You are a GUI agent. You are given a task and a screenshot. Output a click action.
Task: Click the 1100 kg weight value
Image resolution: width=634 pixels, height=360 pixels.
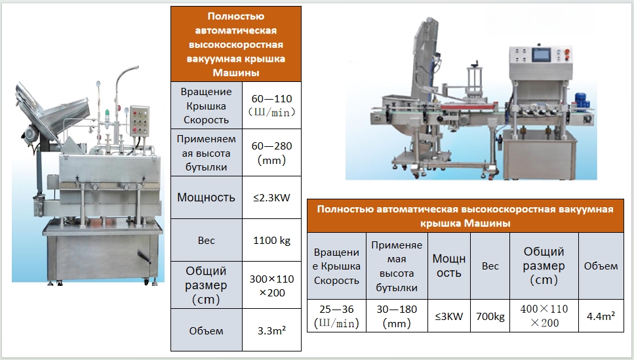[271, 240]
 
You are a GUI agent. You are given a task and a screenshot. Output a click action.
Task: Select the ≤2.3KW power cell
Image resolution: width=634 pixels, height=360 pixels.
[271, 197]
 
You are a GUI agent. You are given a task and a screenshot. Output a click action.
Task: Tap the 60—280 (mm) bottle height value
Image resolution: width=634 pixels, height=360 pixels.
[271, 153]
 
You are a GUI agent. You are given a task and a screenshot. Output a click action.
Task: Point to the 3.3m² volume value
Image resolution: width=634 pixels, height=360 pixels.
[271, 330]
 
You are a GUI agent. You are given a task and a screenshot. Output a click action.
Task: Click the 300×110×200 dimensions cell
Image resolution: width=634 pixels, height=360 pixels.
[271, 285]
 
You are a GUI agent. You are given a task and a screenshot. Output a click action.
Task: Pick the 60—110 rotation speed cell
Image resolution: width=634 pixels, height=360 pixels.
[271, 105]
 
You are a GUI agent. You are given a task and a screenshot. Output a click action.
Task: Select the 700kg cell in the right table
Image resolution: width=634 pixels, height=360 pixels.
[490, 316]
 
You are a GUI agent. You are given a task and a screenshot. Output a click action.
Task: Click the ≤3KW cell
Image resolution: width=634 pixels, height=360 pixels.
[449, 316]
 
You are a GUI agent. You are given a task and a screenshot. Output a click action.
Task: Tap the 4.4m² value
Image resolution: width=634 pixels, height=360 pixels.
[601, 316]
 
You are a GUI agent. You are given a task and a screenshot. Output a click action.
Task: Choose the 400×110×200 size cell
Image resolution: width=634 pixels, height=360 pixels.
[544, 316]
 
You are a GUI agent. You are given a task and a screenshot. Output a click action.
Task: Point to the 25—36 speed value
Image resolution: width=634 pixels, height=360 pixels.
[336, 316]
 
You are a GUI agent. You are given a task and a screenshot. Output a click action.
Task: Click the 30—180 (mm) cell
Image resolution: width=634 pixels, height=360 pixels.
[397, 316]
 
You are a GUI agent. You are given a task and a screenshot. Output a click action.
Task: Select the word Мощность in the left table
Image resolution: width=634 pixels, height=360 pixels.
[207, 197]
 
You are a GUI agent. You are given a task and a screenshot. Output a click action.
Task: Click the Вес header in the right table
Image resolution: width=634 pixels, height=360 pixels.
[490, 266]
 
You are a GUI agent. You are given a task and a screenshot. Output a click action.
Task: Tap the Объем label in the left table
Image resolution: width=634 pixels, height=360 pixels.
[207, 331]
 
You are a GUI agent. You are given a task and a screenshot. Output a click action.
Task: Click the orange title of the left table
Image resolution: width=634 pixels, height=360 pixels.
[236, 44]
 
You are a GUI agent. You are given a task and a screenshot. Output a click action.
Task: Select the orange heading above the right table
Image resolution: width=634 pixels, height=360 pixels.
[465, 216]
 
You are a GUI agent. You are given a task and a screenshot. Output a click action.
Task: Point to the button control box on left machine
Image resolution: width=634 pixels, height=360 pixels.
[140, 121]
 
